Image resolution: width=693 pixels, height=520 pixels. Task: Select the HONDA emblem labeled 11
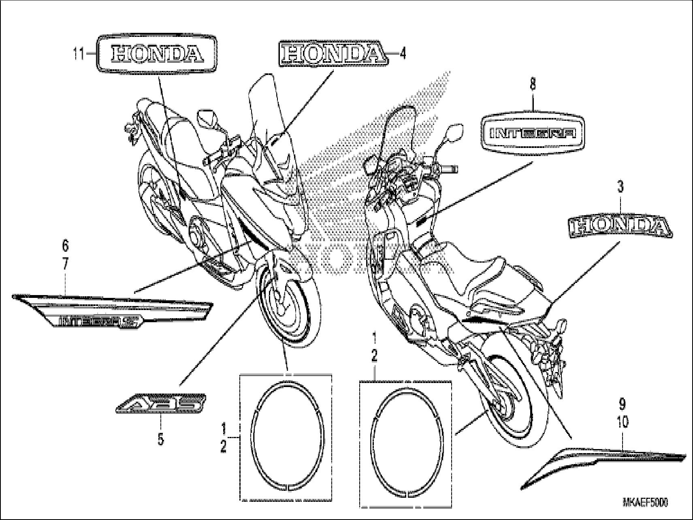pos(156,54)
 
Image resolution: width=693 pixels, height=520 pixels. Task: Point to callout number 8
pos(533,84)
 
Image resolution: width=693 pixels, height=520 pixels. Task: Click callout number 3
pos(620,187)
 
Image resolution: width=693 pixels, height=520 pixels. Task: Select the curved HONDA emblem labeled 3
pos(620,227)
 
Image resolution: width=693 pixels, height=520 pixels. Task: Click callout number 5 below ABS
pos(161,439)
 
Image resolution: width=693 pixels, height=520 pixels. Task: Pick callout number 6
pos(65,246)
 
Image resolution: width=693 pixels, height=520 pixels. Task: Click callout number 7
pos(65,264)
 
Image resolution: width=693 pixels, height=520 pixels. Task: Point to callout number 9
pos(622,404)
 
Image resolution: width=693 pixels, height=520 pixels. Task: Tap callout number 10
pos(623,423)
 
